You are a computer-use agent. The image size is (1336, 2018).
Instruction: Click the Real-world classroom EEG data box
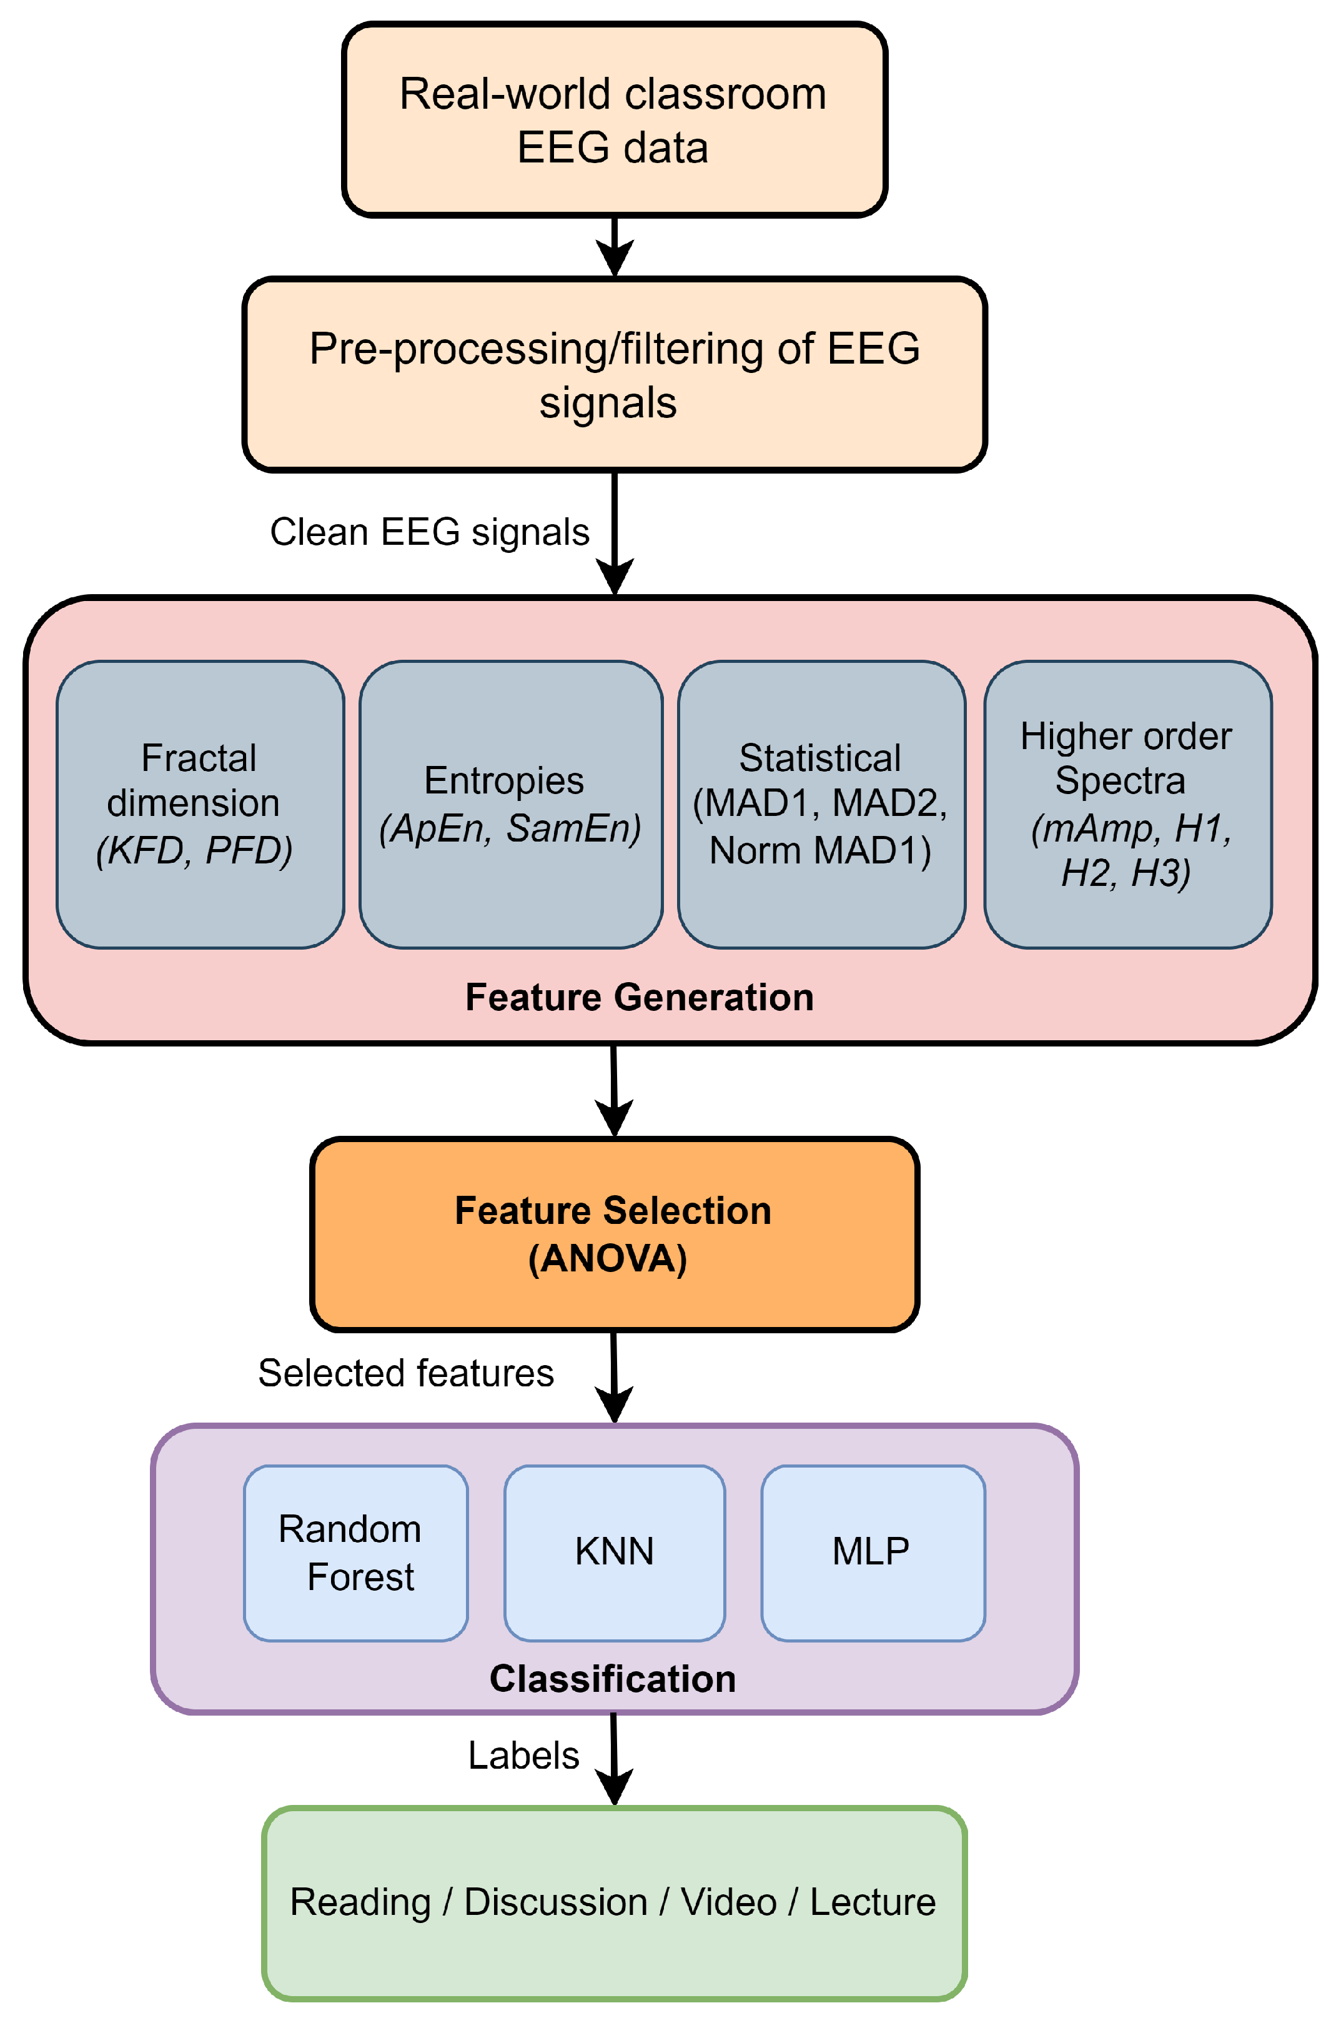613,120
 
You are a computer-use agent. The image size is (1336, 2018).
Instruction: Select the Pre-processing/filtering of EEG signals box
613,375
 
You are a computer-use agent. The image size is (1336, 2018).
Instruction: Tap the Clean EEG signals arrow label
430,532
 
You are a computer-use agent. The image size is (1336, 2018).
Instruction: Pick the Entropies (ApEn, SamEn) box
510,805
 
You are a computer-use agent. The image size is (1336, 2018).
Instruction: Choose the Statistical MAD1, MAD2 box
821,805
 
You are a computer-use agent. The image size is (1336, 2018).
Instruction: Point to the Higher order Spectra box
1127,805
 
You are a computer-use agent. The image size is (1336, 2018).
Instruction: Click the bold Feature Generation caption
639,997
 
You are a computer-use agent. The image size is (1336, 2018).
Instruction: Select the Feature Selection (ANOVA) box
613,1234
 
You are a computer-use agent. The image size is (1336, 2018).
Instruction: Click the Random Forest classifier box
355,1553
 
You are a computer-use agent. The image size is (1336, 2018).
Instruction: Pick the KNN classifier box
615,1553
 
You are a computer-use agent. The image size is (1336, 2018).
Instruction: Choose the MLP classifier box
873,1553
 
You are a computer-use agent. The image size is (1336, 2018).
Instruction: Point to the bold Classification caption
613,1679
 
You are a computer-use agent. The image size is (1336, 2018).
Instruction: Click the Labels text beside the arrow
523,1756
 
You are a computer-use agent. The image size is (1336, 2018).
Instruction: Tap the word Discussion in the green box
555,1902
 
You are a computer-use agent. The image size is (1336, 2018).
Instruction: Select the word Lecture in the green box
873,1902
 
